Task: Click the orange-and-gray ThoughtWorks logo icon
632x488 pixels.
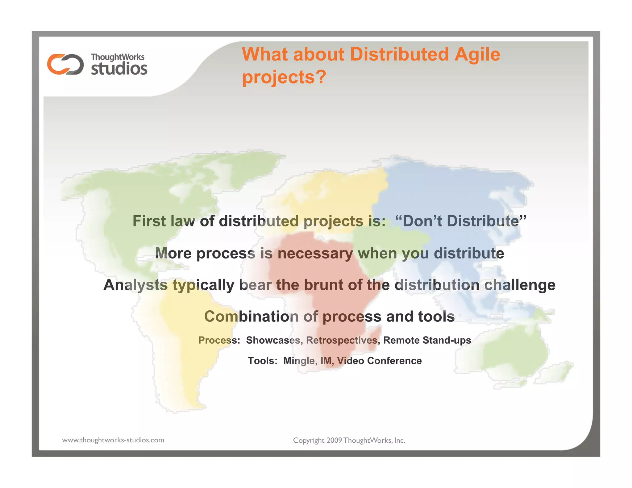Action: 65,64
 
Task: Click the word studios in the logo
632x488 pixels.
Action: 119,68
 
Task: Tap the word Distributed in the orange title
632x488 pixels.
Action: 399,54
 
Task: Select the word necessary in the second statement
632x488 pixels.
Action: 315,253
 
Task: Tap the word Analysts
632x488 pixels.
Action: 135,285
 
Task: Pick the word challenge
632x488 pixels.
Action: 520,285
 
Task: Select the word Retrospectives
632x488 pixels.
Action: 342,340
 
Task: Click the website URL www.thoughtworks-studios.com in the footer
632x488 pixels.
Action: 113,440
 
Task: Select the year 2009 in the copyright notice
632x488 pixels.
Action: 334,440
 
